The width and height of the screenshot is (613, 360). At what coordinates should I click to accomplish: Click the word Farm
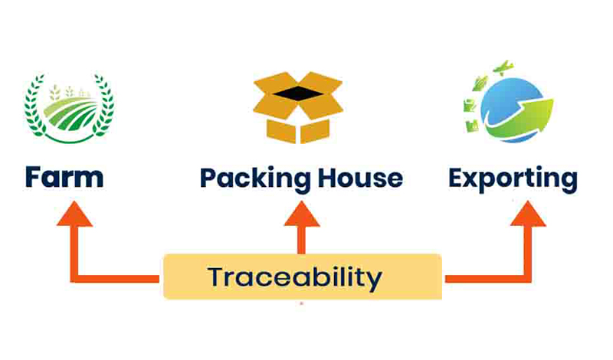click(x=64, y=178)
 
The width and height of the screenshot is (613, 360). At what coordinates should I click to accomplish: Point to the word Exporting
click(x=513, y=179)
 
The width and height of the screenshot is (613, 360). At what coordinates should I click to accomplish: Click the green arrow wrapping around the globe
click(x=529, y=115)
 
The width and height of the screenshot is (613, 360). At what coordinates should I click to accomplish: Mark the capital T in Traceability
click(x=216, y=277)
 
